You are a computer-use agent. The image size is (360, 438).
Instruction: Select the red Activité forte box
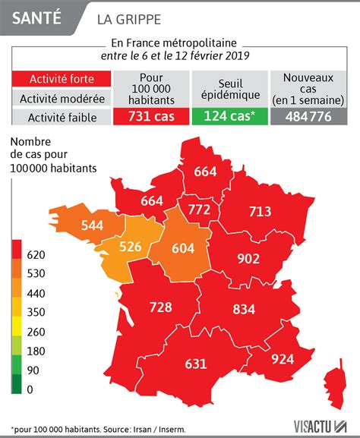point(62,80)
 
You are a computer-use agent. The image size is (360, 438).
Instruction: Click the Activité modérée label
point(62,99)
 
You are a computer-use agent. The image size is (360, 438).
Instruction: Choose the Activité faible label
point(62,117)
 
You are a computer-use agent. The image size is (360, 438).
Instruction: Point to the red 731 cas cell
point(152,117)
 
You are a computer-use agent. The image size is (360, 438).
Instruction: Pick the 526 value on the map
point(131,247)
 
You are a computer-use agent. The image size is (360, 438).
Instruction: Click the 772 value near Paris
point(199,208)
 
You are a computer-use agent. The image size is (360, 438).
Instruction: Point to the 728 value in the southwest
point(159,307)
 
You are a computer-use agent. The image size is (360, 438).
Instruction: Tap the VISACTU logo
point(315,427)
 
